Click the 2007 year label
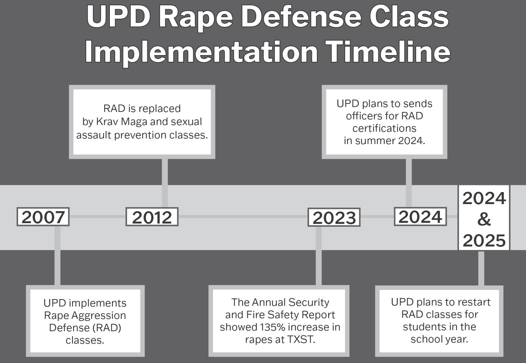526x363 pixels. (43, 217)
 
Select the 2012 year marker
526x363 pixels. (152, 217)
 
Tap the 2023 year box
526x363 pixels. (334, 218)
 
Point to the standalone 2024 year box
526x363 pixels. (420, 216)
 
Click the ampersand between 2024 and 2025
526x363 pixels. (484, 219)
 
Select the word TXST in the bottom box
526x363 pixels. (300, 339)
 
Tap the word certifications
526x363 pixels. (384, 128)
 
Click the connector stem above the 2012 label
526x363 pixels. (165, 183)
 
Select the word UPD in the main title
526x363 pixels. (118, 17)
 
